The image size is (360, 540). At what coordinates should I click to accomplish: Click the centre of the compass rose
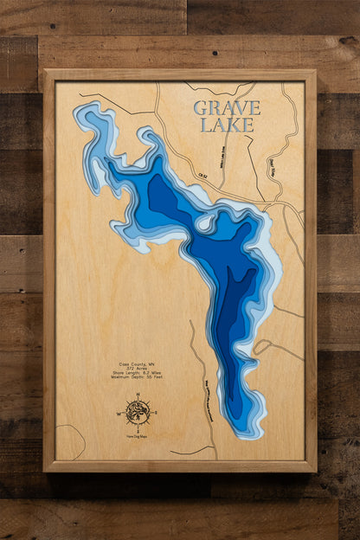coord(136,411)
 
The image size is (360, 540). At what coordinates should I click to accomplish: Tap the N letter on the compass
coord(136,395)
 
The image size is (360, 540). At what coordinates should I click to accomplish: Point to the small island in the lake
coord(205,222)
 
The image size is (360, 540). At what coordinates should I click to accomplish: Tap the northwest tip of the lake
coord(79,112)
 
